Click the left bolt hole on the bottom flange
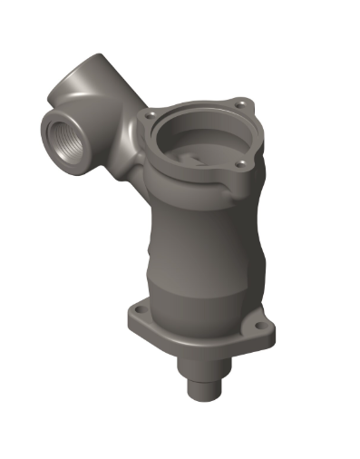[135, 310]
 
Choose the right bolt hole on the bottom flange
[265, 329]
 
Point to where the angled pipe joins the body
[131, 150]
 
